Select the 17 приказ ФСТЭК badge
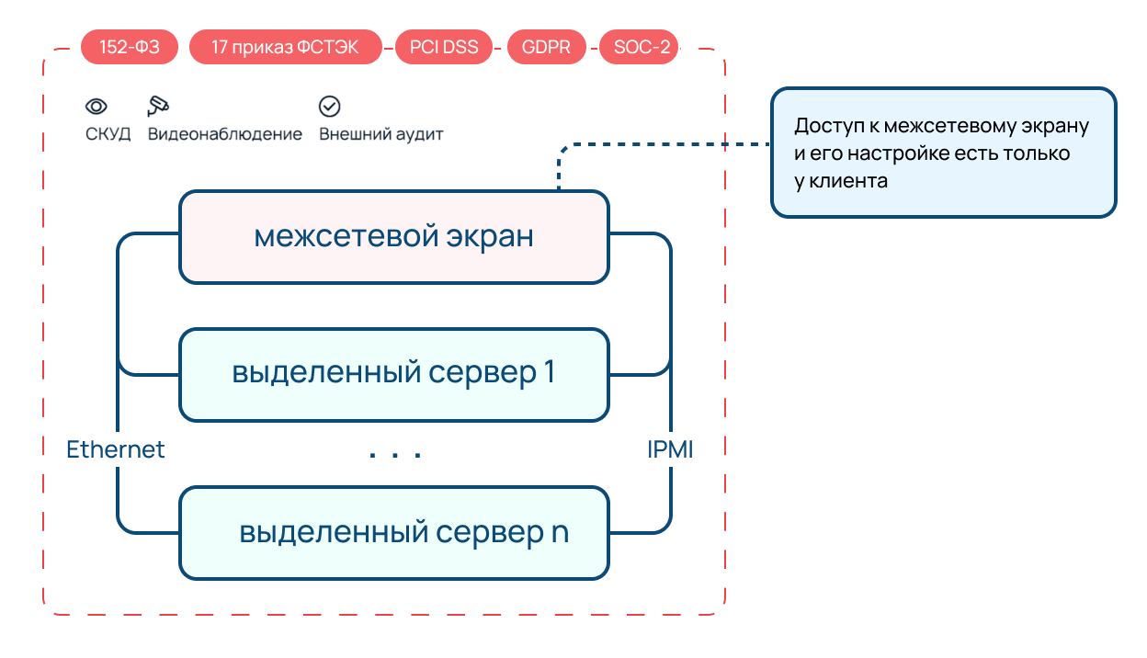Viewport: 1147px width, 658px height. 285,47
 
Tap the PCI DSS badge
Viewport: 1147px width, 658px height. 444,47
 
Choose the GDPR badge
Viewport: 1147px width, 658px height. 546,47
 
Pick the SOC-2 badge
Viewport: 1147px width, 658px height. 640,47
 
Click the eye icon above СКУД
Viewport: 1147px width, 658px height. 97,106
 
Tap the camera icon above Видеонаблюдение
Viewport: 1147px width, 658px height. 158,105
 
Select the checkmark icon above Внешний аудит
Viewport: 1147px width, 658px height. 329,106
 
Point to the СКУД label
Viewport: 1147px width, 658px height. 108,134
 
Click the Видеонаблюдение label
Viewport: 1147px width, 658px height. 224,134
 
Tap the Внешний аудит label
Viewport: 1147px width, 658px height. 380,134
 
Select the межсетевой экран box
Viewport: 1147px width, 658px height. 393,236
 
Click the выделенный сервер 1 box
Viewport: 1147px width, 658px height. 393,374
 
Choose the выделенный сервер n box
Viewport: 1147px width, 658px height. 393,533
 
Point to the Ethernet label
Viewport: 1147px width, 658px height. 116,449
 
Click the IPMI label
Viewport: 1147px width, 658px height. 669,449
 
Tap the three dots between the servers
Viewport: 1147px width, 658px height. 394,454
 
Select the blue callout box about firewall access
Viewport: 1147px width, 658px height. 943,153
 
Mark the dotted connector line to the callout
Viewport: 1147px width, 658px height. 662,144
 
